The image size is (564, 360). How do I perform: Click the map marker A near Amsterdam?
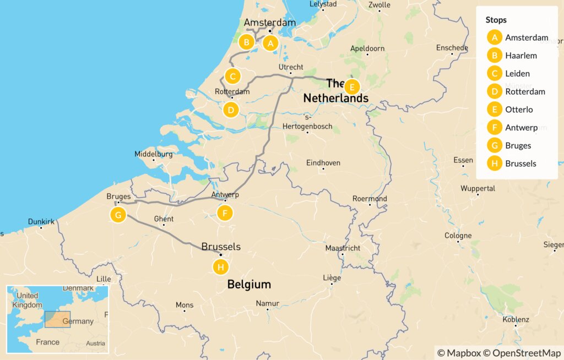(x=270, y=42)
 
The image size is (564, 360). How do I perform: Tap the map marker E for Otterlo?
(x=352, y=87)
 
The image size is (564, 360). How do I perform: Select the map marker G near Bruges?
(x=118, y=215)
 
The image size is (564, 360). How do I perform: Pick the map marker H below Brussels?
(x=220, y=268)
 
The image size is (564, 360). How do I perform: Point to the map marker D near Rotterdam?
(x=231, y=110)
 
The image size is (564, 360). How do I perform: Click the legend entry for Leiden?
(x=517, y=73)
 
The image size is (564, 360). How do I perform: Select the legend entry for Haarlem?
(x=520, y=56)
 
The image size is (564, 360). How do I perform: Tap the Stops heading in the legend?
(x=496, y=20)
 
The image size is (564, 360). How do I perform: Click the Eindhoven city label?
(x=323, y=163)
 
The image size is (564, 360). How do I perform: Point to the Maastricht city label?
(x=343, y=248)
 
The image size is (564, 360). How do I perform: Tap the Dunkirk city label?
(x=41, y=222)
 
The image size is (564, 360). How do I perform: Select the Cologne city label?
(x=458, y=236)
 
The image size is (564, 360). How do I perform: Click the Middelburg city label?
(x=153, y=154)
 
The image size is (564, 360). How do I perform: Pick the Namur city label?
(x=268, y=303)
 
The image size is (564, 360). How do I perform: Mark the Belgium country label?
(x=250, y=285)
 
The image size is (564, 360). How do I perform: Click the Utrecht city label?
(x=291, y=67)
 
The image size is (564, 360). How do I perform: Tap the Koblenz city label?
(x=516, y=319)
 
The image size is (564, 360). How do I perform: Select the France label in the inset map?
(x=47, y=342)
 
